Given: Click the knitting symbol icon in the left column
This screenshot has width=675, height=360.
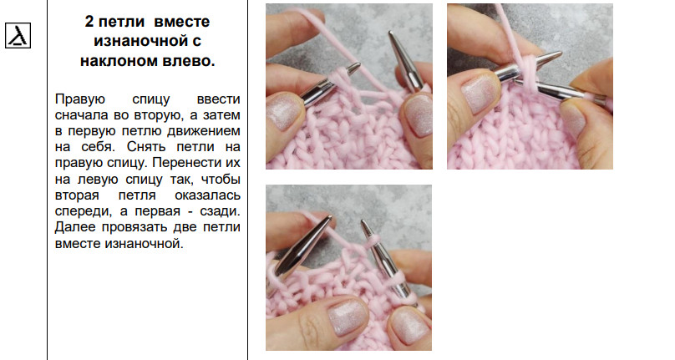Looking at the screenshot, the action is tap(18, 35).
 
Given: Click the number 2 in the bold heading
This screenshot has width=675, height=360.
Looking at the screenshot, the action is tap(89, 22).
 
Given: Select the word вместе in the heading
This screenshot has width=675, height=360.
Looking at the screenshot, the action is tap(181, 22).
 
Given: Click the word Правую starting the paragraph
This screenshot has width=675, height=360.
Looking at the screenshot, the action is tap(80, 99).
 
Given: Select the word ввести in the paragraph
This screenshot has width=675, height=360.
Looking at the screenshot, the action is tap(218, 99).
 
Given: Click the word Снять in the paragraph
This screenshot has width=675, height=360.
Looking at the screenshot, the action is tap(146, 147).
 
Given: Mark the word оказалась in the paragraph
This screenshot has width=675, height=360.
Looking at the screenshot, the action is tap(207, 195).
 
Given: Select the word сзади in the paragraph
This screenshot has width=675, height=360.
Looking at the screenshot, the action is tap(220, 211).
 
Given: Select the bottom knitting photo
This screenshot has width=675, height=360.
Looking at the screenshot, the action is tap(348, 267).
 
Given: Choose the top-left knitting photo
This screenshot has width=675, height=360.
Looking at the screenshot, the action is tap(349, 86).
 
